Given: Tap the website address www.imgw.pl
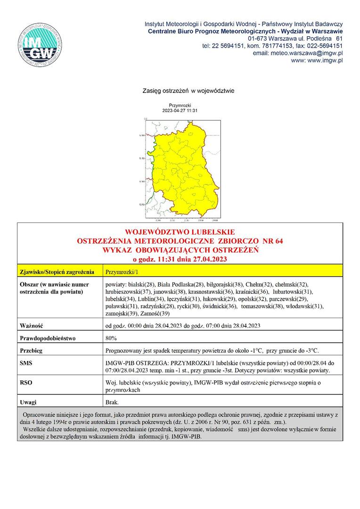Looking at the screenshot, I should [317, 60].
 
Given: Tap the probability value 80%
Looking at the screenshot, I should [112, 338].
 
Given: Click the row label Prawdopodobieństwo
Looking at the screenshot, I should [48, 338].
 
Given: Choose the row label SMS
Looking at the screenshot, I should [26, 363].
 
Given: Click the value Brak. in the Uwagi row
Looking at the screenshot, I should [113, 402].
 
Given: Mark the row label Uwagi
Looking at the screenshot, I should [28, 402].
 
